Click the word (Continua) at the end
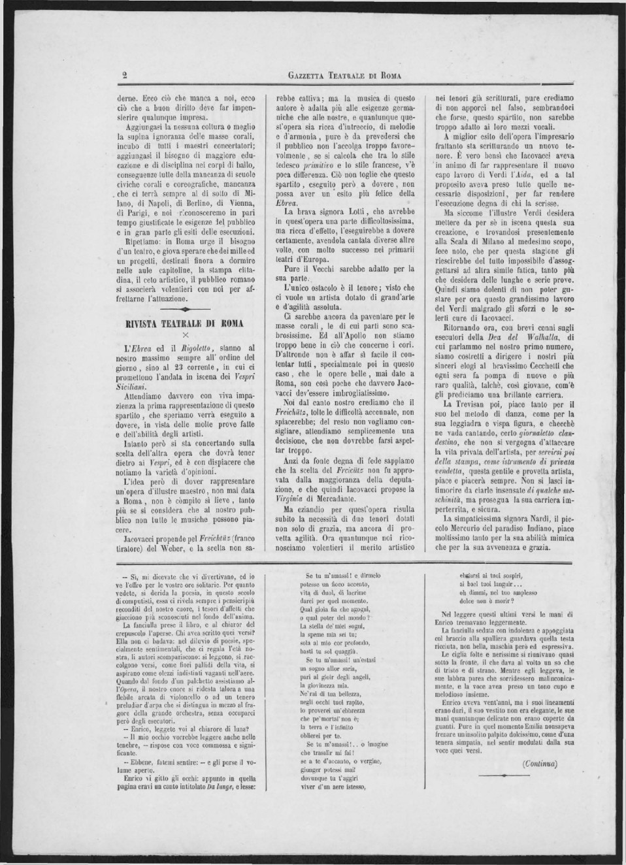click(x=540, y=763)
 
